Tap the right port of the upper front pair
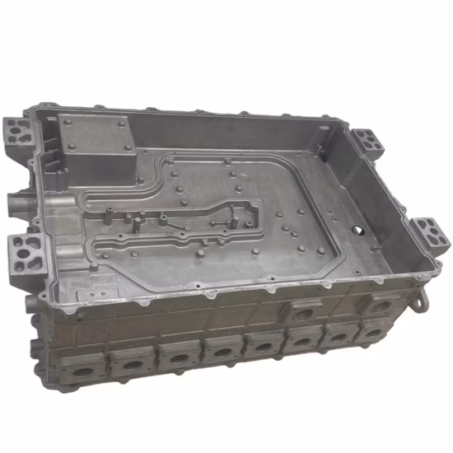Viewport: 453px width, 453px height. (x=380, y=304)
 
